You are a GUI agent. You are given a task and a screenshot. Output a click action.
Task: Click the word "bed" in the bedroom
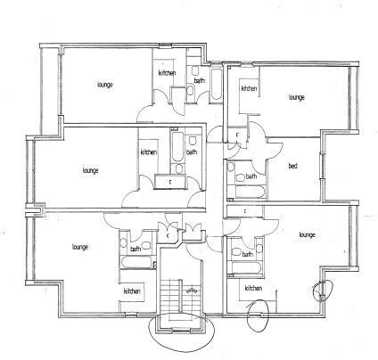click(x=292, y=166)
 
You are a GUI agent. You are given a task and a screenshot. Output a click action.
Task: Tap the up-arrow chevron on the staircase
click(x=192, y=290)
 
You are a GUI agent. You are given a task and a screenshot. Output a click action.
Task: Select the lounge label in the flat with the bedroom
click(x=297, y=97)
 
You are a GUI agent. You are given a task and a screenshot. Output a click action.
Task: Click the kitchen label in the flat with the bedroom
click(x=249, y=88)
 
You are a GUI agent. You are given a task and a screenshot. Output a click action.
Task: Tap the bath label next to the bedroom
click(x=251, y=176)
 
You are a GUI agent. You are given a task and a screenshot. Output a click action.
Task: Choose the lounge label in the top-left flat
click(x=105, y=85)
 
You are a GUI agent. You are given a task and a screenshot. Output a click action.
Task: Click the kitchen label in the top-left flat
click(x=167, y=73)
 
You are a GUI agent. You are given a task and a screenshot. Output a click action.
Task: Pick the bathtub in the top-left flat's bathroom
click(x=216, y=85)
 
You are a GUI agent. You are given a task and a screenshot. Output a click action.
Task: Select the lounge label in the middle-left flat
click(x=91, y=170)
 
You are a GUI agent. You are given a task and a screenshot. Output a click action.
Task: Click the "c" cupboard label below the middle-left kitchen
click(x=170, y=182)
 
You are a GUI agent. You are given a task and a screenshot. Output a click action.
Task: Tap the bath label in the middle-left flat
click(x=192, y=152)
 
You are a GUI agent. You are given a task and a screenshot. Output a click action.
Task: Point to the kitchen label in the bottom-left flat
click(x=132, y=291)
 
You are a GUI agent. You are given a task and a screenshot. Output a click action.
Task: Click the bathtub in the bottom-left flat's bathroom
click(x=136, y=263)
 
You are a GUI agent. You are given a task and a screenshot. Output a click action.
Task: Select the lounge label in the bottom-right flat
click(x=307, y=235)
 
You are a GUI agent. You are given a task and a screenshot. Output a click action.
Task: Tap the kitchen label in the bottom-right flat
click(x=253, y=288)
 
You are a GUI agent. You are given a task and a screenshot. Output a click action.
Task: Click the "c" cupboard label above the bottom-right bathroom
click(x=245, y=211)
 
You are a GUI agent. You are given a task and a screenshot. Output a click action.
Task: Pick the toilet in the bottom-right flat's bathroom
click(x=236, y=253)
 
